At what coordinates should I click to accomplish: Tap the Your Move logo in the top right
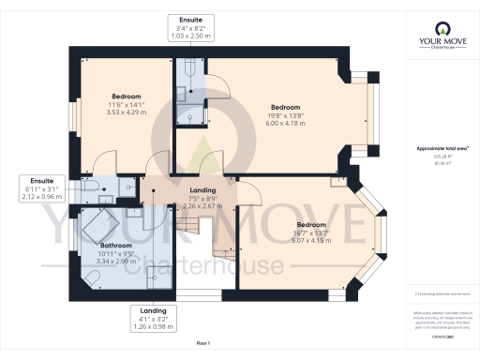[x=439, y=45]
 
